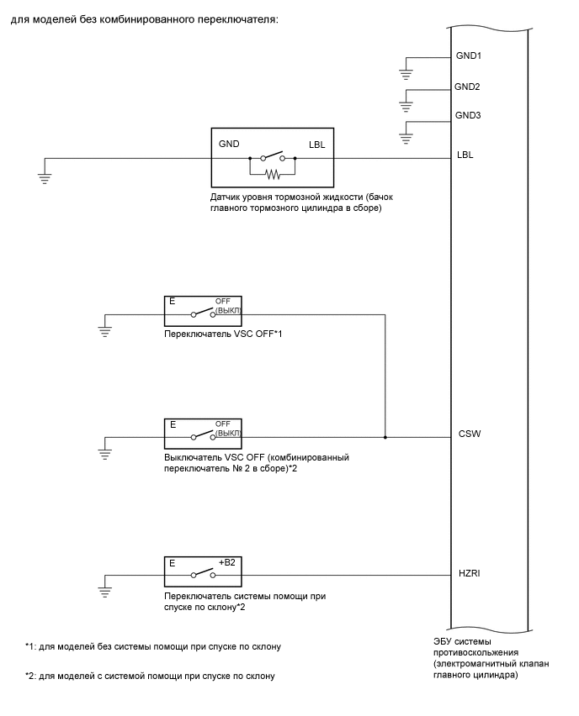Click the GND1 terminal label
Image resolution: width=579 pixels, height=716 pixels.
click(x=469, y=56)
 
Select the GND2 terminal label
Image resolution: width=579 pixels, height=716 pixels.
click(x=467, y=86)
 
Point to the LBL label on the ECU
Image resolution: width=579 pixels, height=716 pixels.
click(x=464, y=155)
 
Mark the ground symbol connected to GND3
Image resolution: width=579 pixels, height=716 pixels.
click(x=406, y=133)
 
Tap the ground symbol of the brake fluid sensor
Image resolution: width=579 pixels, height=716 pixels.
click(x=45, y=176)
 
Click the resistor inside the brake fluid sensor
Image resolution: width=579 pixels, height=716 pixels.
click(x=272, y=174)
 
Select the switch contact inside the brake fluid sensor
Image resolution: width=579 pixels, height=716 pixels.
click(x=272, y=156)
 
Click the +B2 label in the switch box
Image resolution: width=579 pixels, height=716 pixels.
click(x=226, y=562)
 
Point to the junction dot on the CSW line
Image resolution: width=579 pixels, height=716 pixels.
click(x=385, y=437)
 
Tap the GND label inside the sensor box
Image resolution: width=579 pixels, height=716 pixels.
click(x=229, y=144)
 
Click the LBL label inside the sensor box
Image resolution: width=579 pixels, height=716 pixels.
click(x=316, y=144)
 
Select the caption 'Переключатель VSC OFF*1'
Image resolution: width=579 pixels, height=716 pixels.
click(x=223, y=334)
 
